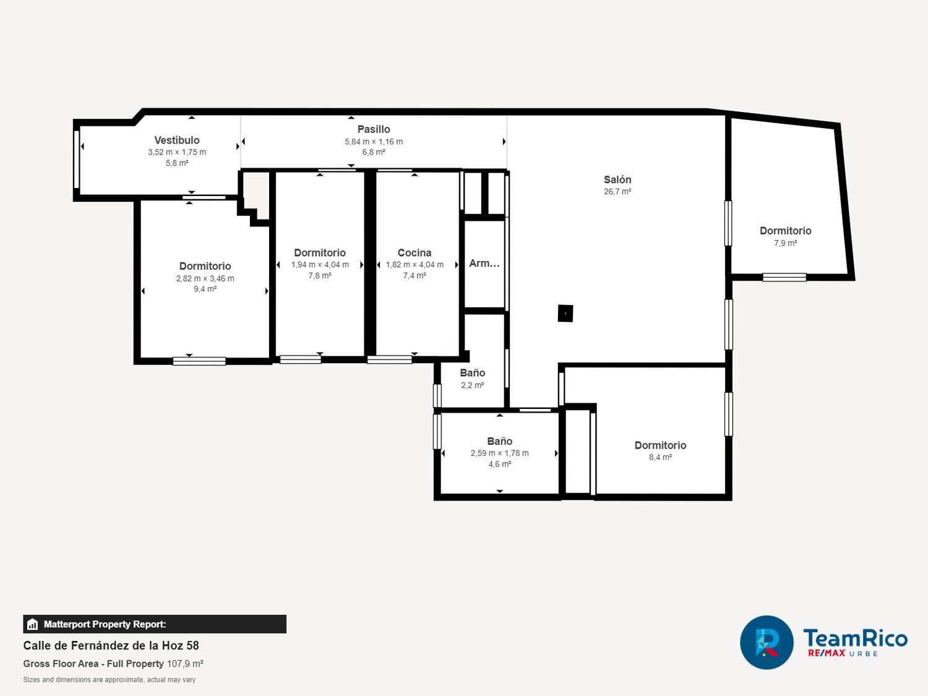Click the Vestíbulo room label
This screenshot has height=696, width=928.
click(x=177, y=140)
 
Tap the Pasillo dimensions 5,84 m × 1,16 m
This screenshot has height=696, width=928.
click(x=374, y=142)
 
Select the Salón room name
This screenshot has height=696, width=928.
click(x=617, y=179)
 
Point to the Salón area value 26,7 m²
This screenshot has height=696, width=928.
click(x=617, y=191)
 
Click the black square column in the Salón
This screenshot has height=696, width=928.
click(x=565, y=313)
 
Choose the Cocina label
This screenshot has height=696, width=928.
click(x=415, y=252)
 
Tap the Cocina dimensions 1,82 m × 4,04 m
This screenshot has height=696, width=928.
click(x=415, y=265)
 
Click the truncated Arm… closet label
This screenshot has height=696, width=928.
click(x=484, y=264)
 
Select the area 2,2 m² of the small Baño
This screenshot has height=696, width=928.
click(x=472, y=385)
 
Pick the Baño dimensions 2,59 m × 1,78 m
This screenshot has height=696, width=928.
click(x=499, y=453)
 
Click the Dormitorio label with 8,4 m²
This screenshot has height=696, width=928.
click(x=660, y=445)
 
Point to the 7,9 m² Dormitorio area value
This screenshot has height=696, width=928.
click(x=785, y=243)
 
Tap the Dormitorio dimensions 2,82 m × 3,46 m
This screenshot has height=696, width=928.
click(x=205, y=278)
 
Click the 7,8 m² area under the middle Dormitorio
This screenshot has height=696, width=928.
click(x=320, y=275)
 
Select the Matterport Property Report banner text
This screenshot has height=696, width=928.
click(x=105, y=624)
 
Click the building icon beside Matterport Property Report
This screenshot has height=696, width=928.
click(x=32, y=624)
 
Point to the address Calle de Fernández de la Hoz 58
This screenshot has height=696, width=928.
click(x=111, y=645)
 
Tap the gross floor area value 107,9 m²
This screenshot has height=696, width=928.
click(x=185, y=663)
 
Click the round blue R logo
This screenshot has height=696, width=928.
click(x=767, y=642)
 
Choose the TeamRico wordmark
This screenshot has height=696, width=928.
click(x=855, y=638)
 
